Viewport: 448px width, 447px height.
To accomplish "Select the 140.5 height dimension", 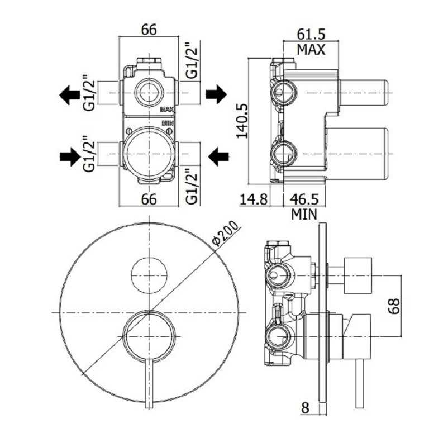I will (242, 120).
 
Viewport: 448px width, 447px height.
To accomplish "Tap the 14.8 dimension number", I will (254, 198).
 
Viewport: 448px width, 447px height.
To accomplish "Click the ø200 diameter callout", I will (226, 234).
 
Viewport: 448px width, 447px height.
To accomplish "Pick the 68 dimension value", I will (394, 305).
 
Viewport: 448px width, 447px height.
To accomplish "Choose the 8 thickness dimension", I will (304, 408).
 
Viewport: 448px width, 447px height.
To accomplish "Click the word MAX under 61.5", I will (311, 49).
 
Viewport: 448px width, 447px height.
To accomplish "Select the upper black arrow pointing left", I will (70, 94).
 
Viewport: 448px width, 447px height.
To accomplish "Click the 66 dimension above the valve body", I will (148, 30).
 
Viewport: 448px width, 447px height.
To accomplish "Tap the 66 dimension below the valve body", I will (148, 199).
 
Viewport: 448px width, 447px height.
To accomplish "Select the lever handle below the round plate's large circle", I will (149, 386).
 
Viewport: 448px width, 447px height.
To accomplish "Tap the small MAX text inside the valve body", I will (167, 110).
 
